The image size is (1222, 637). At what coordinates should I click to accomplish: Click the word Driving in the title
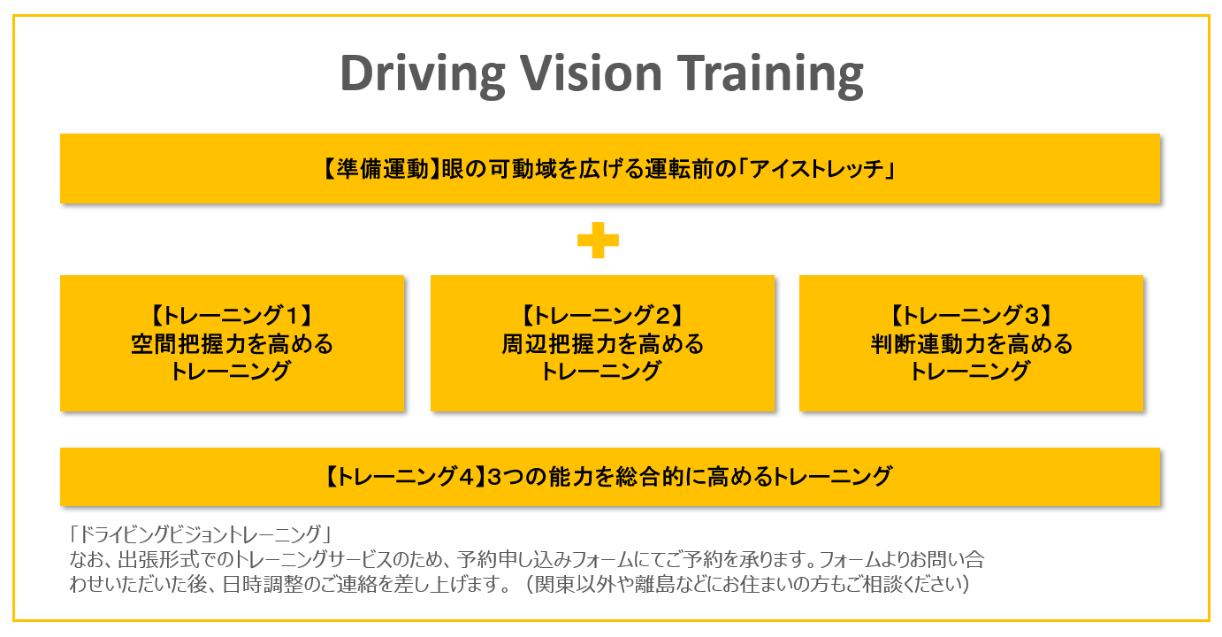423,75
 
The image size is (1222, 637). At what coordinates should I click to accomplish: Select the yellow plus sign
598,240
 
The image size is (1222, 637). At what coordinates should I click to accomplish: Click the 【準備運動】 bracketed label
380,169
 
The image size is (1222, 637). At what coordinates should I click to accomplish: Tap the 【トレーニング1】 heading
232,316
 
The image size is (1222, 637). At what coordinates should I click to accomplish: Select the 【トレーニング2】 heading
602,316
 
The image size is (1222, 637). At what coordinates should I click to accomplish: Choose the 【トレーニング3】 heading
971,316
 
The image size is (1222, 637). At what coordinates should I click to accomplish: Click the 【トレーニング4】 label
404,477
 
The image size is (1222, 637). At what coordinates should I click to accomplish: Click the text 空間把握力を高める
232,344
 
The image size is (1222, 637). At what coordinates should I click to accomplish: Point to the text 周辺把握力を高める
603,344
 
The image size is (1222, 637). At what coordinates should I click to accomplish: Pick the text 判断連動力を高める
972,344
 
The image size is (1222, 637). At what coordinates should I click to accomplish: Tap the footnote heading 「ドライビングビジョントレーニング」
200,534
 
